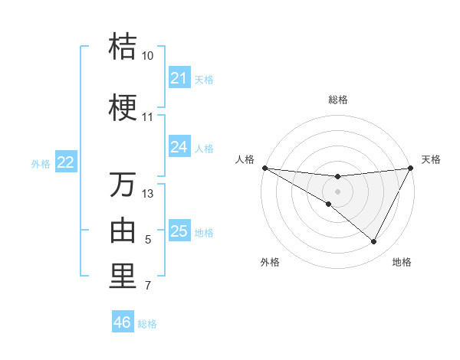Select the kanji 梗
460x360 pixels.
pos(123,109)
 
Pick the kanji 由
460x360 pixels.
pos(123,231)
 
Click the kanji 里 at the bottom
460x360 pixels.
pos(123,277)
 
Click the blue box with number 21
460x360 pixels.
pos(179,78)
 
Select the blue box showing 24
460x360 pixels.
pos(179,147)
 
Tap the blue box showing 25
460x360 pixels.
pos(179,231)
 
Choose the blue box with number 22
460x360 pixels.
pos(66,162)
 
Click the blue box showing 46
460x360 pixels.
pos(123,322)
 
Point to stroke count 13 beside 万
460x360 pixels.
pos(148,194)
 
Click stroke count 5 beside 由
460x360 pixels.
pos(148,241)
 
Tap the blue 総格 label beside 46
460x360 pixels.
pos(147,324)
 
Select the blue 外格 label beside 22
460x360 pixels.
pos(41,163)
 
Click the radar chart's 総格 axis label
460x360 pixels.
pos(337,100)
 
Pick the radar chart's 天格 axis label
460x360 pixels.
pos(431,159)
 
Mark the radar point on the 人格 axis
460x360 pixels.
pos(264,168)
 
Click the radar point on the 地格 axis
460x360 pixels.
pos(374,242)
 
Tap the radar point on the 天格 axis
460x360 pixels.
pos(410,168)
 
